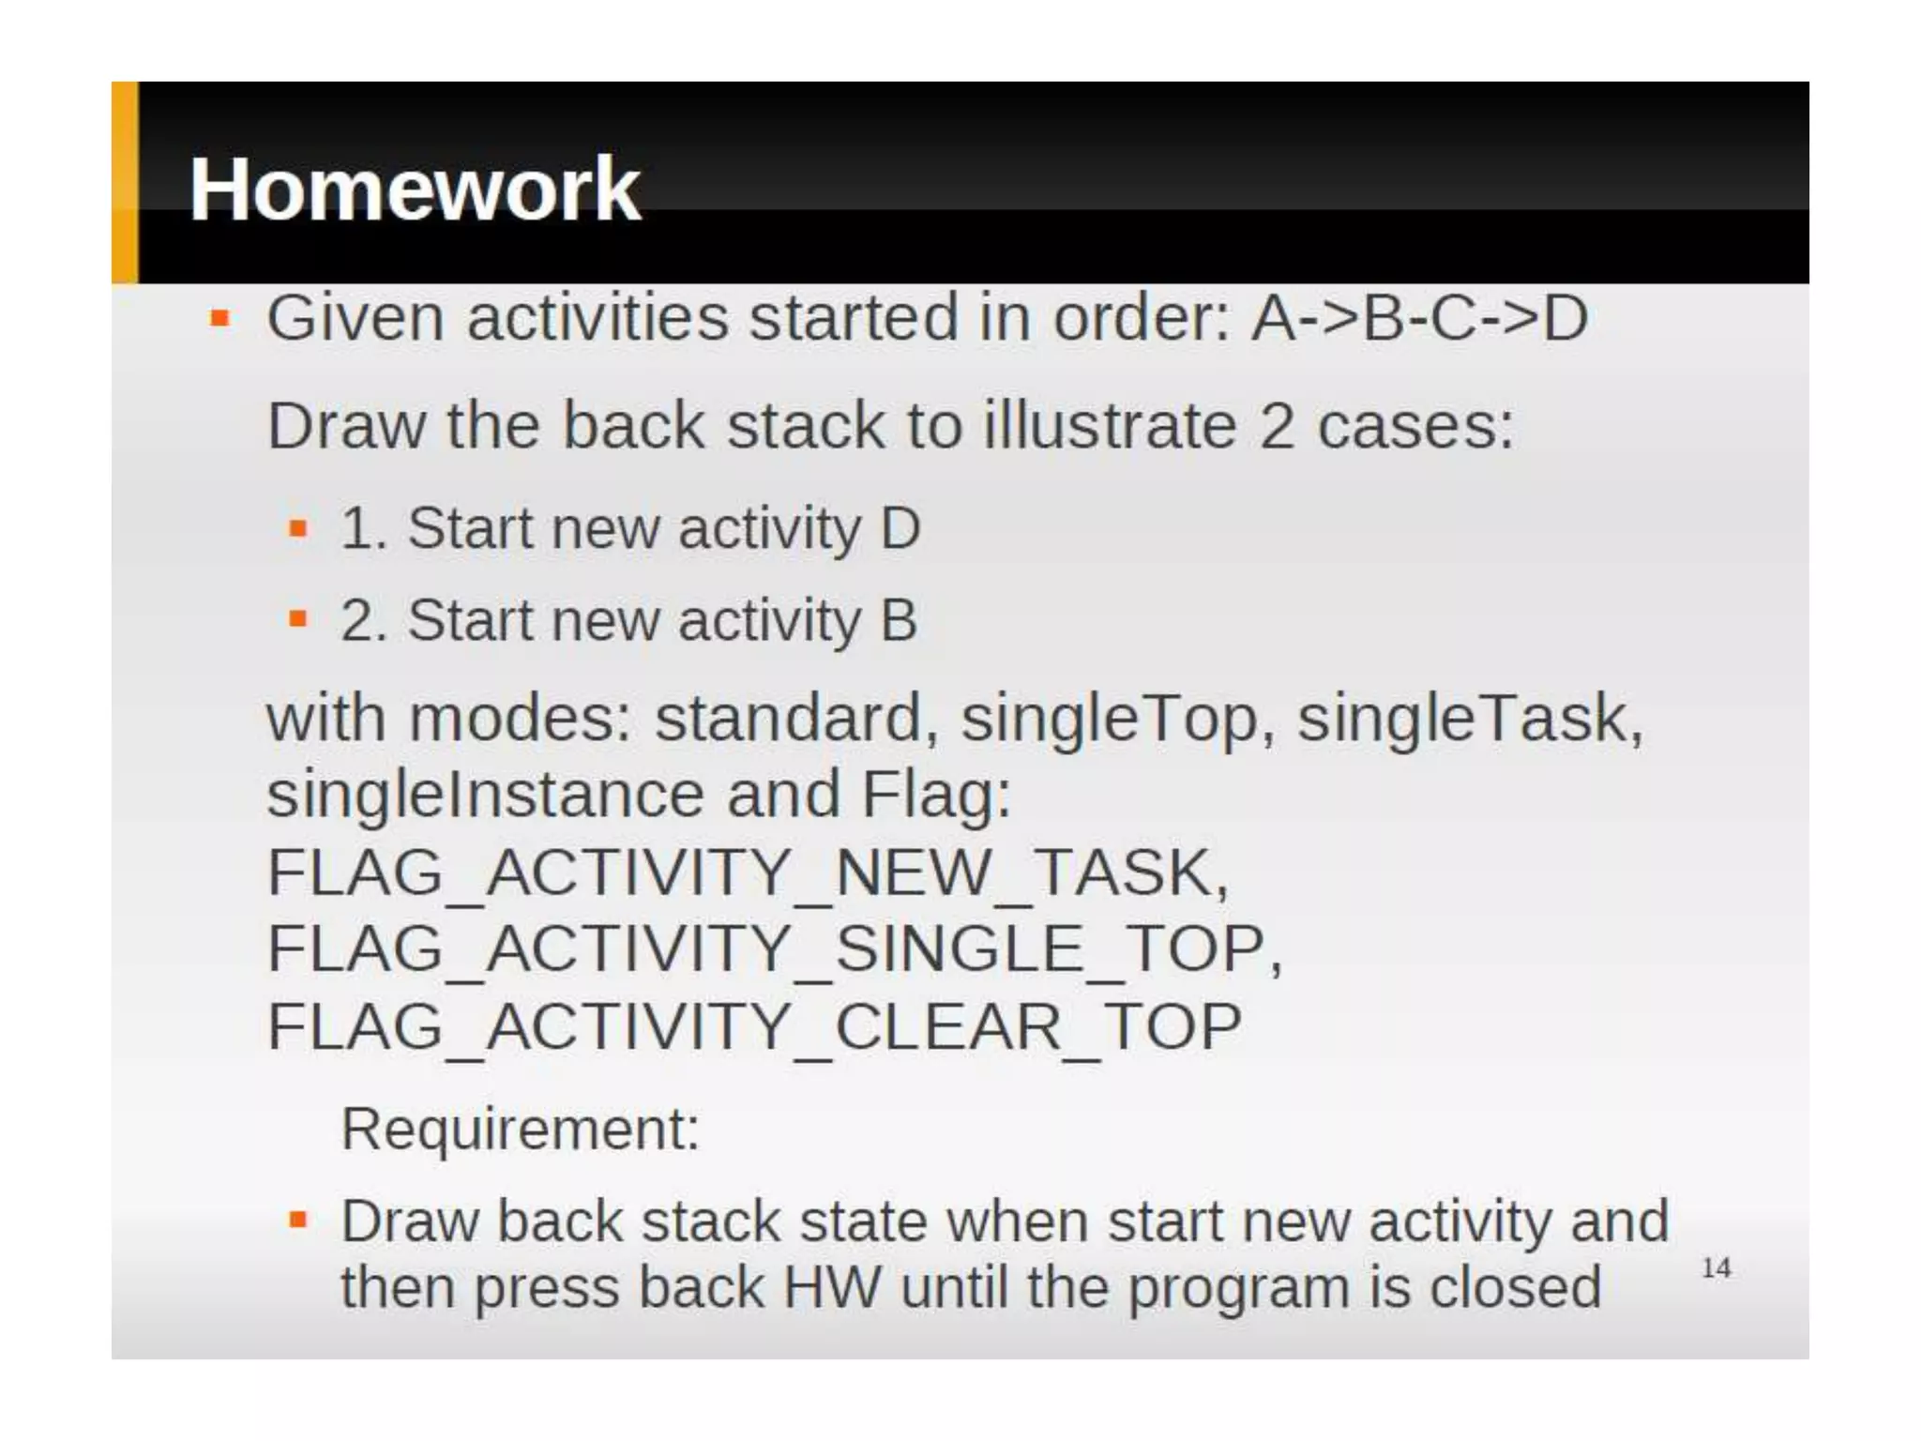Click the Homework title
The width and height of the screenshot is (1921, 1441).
415,190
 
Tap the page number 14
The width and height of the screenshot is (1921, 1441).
1716,1268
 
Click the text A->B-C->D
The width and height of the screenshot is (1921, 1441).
1419,317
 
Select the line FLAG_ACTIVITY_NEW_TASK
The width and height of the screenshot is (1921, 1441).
747,872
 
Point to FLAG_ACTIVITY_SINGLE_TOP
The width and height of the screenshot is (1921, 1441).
774,948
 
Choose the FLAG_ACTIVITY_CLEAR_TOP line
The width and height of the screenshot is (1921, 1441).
754,1025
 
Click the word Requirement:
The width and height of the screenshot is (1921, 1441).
521,1128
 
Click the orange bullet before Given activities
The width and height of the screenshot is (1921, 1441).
220,319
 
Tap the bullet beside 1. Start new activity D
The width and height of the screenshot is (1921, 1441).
298,528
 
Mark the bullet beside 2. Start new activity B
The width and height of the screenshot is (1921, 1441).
298,619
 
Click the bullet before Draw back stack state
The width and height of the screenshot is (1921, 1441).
298,1221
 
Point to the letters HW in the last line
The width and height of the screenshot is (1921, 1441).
831,1287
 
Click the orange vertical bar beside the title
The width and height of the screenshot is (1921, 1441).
125,183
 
